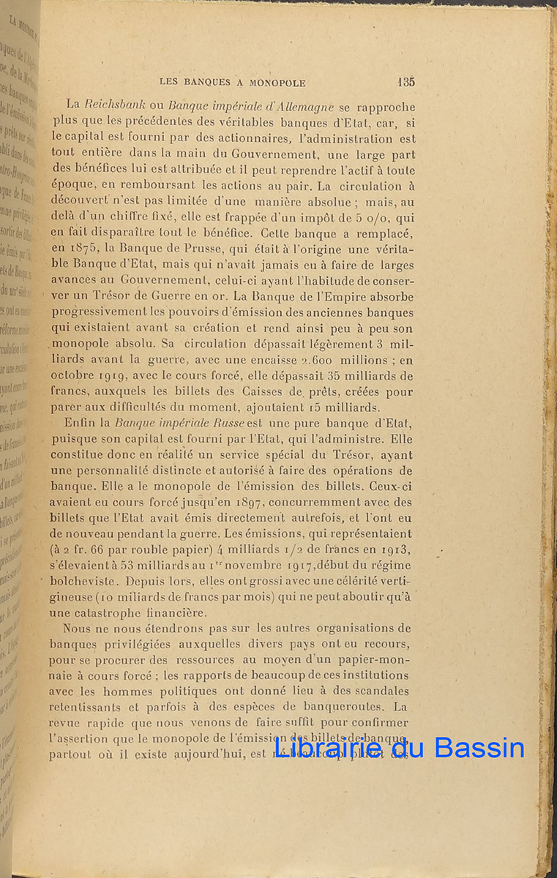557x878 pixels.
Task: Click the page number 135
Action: pyautogui.click(x=406, y=82)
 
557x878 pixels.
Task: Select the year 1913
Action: pyautogui.click(x=397, y=549)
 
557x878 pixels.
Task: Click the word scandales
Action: pyautogui.click(x=378, y=691)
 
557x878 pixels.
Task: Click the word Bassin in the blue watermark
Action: pyautogui.click(x=479, y=748)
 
